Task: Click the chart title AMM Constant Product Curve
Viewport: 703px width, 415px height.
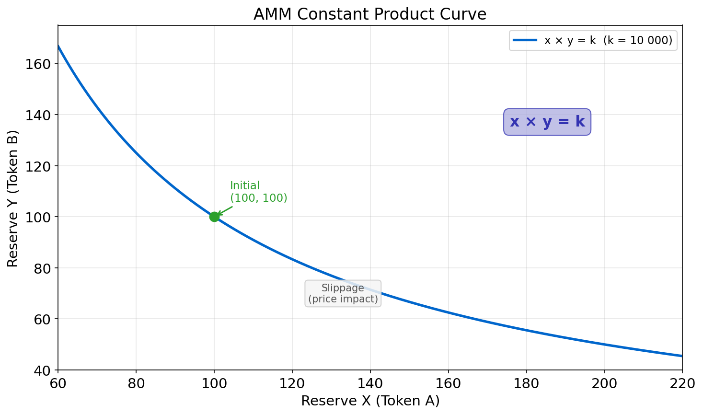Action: [369, 14]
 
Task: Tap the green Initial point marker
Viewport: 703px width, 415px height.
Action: [214, 217]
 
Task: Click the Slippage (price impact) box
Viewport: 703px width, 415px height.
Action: [343, 293]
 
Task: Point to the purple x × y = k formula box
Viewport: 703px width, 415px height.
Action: [547, 122]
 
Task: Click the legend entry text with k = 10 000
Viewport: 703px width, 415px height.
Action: [608, 41]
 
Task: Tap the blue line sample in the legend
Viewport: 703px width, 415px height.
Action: [525, 41]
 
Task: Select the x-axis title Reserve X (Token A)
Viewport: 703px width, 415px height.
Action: [370, 401]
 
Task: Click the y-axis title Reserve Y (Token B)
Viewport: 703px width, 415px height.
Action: [13, 198]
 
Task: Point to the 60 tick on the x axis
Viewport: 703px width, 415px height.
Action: [58, 383]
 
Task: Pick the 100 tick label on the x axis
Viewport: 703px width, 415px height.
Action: [214, 383]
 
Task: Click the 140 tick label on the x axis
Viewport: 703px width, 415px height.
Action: [370, 383]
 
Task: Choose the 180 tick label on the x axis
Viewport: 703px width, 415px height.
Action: [526, 383]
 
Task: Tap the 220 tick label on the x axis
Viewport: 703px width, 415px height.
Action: [682, 383]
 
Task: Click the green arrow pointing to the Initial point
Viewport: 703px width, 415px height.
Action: [225, 210]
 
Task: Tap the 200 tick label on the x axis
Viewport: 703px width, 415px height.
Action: [604, 383]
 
